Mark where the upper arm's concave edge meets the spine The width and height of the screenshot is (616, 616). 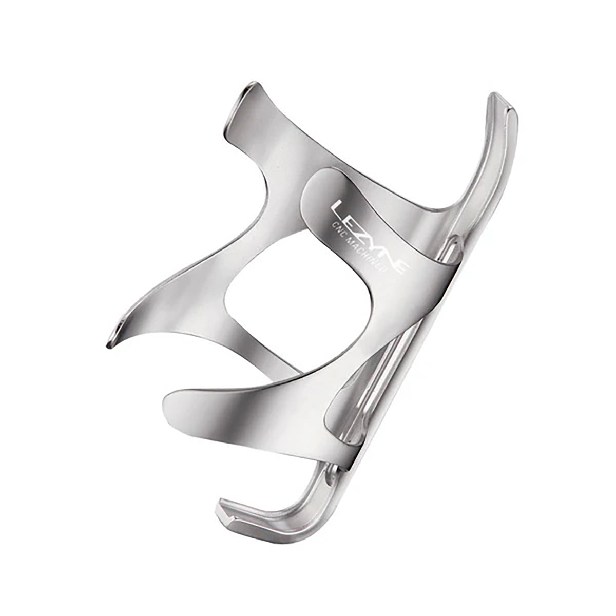pyautogui.click(x=452, y=205)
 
